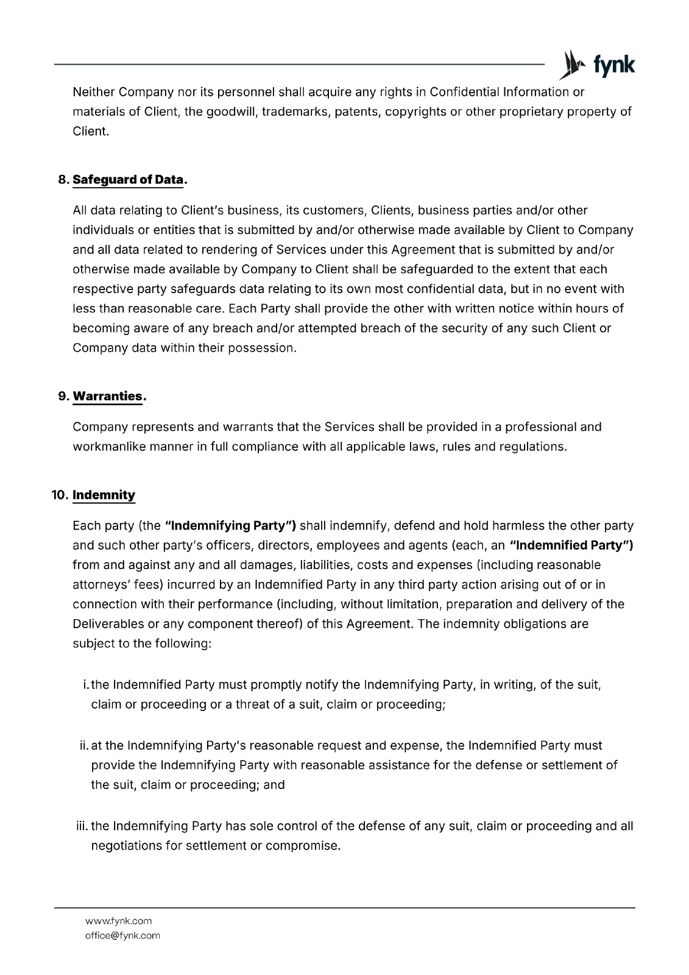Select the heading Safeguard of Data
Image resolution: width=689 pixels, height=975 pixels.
point(128,180)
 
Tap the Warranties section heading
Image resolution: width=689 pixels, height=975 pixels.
point(107,396)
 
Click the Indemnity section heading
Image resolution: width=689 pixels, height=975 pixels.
point(104,495)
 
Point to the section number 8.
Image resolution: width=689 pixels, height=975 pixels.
point(62,180)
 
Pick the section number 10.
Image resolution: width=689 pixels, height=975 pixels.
point(59,495)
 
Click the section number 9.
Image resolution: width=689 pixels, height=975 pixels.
point(62,396)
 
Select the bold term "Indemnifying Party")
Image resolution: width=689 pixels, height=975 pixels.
point(230,525)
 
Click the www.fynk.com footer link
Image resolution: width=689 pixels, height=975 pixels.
point(118,921)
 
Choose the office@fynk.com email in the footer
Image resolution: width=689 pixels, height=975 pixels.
point(122,935)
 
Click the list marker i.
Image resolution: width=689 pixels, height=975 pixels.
point(85,685)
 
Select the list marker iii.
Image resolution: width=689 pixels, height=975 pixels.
point(81,826)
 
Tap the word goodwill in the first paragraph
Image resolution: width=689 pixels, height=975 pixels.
point(229,112)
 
